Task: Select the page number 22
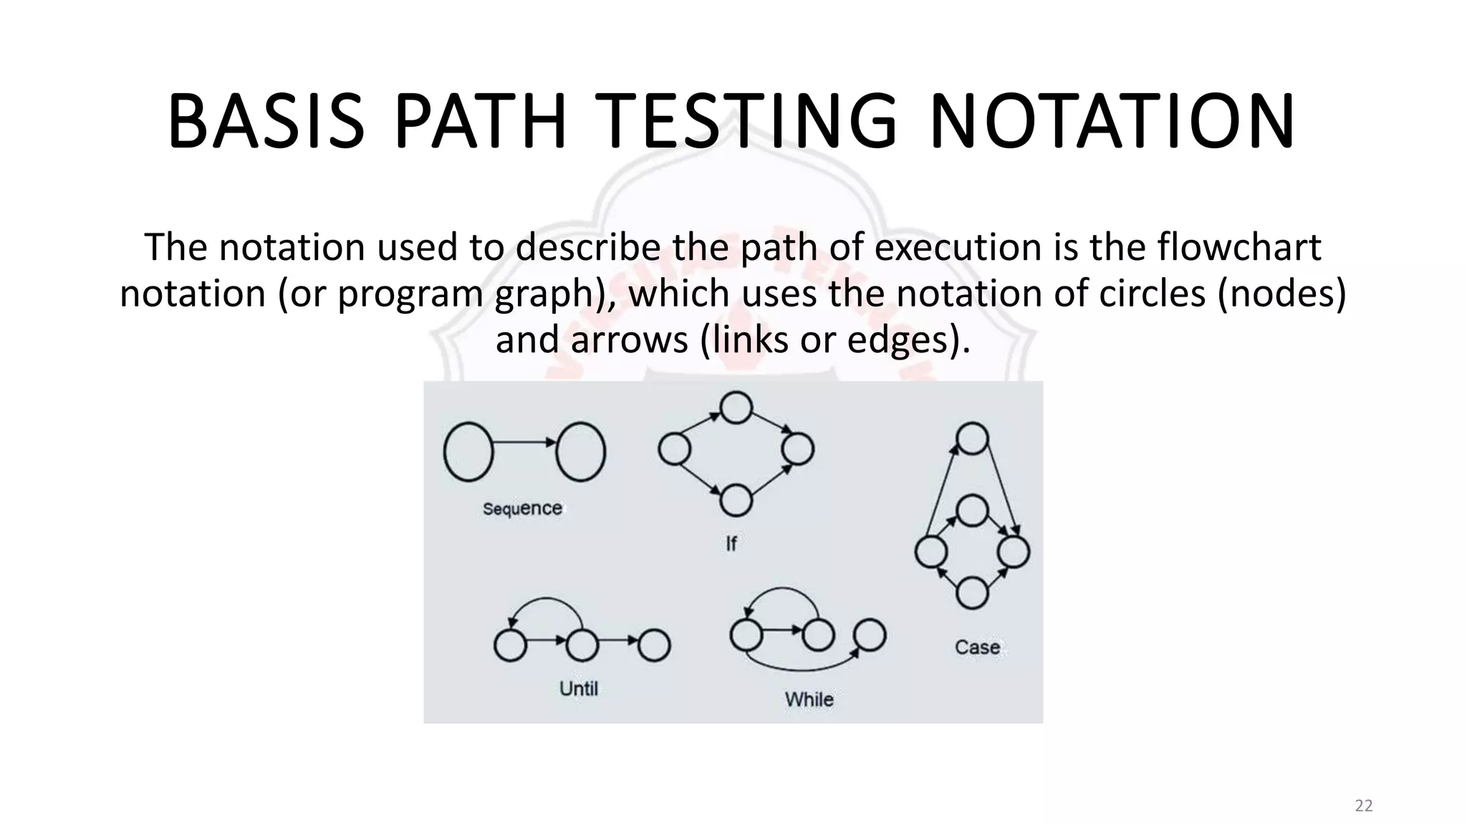1364,806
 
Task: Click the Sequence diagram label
522,508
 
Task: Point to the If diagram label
731,544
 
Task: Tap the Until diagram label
578,688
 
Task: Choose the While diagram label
809,699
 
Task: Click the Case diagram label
977,647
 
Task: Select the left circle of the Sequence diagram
468,451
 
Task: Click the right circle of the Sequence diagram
580,451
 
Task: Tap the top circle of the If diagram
736,407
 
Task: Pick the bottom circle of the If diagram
736,500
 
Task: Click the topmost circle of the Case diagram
972,438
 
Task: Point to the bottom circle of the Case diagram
972,593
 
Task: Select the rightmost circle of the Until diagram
654,645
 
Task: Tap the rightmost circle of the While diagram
870,635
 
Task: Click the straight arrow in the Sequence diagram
524,443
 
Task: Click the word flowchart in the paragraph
1238,248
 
